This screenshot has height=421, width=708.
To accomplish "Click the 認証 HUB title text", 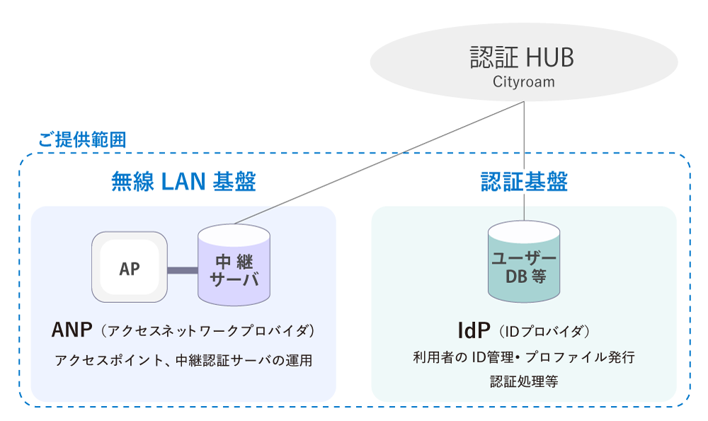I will coord(523,57).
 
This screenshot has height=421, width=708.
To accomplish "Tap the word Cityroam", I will coord(523,82).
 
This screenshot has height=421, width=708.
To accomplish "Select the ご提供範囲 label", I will coord(81,139).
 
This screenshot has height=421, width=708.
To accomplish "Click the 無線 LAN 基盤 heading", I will coord(183,182).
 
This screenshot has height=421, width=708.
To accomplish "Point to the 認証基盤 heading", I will coord(524,182).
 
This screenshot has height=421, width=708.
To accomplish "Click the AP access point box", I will coord(130,268).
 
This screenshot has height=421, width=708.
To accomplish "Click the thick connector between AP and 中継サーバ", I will coord(183,270).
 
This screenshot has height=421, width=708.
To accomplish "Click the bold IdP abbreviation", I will coord(474,330).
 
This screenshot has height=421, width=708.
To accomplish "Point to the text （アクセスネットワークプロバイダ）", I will coord(207,331).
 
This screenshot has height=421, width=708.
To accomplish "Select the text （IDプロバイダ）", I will coord(544,331).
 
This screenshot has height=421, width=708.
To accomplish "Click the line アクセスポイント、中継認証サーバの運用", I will coord(183,360).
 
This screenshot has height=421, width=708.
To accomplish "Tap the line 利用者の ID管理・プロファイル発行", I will coord(524,357).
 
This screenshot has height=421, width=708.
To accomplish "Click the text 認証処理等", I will coord(524,381).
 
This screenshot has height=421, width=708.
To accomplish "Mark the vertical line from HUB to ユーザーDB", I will coord(524,163).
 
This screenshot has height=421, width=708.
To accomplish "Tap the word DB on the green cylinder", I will coord(515,277).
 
